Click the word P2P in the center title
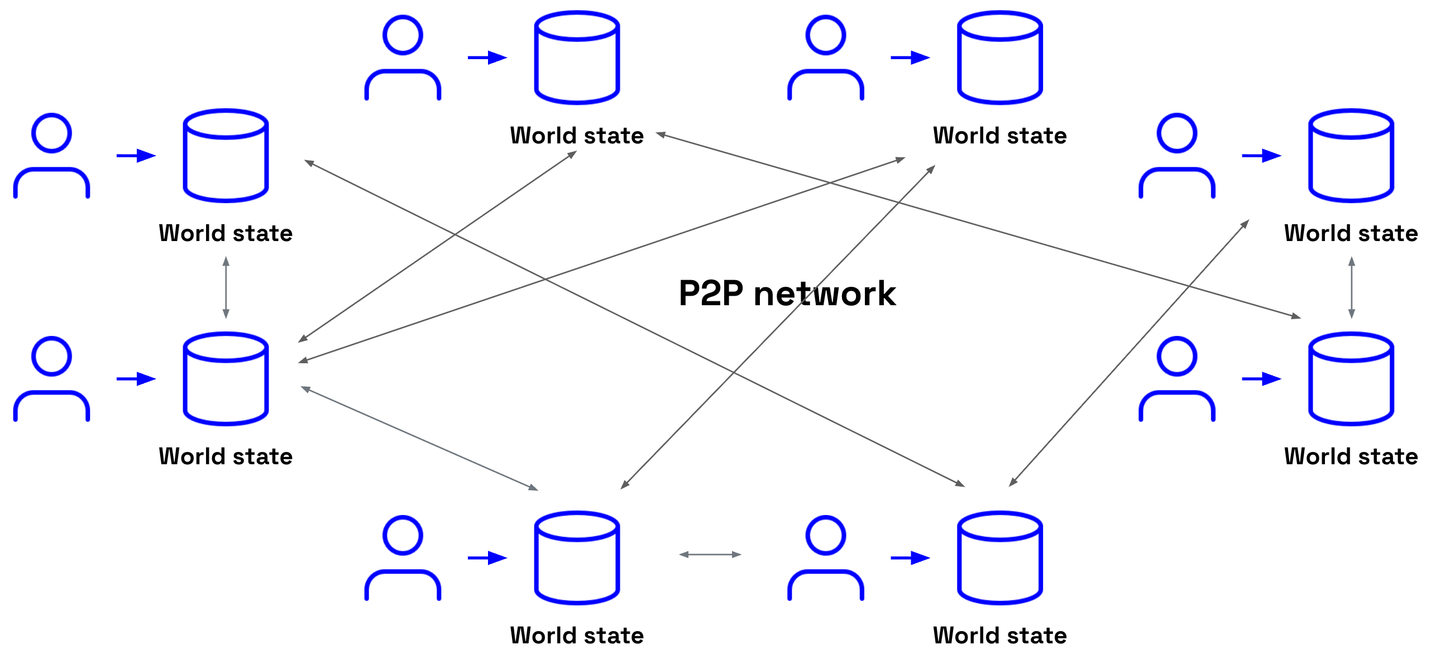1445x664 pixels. [x=711, y=293]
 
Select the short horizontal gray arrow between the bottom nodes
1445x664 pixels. [x=710, y=555]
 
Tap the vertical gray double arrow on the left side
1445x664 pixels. [x=226, y=287]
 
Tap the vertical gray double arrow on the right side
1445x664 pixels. [x=1351, y=287]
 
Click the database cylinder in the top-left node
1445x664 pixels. [x=577, y=58]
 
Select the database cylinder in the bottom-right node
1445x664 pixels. [x=999, y=558]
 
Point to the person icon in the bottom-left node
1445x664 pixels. [x=403, y=558]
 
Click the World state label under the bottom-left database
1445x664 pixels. [x=577, y=636]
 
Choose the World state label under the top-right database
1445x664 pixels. [x=999, y=136]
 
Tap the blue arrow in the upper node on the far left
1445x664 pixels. [x=136, y=155]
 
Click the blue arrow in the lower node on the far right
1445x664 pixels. [x=1261, y=379]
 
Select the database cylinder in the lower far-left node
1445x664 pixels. [x=226, y=379]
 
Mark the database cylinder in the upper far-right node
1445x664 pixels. [x=1351, y=155]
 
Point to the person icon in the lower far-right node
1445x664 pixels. [x=1177, y=379]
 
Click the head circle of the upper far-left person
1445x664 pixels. [x=51, y=133]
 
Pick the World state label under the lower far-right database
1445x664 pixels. [x=1351, y=456]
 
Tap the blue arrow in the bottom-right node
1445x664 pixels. [x=911, y=558]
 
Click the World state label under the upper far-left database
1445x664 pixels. [x=226, y=233]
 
